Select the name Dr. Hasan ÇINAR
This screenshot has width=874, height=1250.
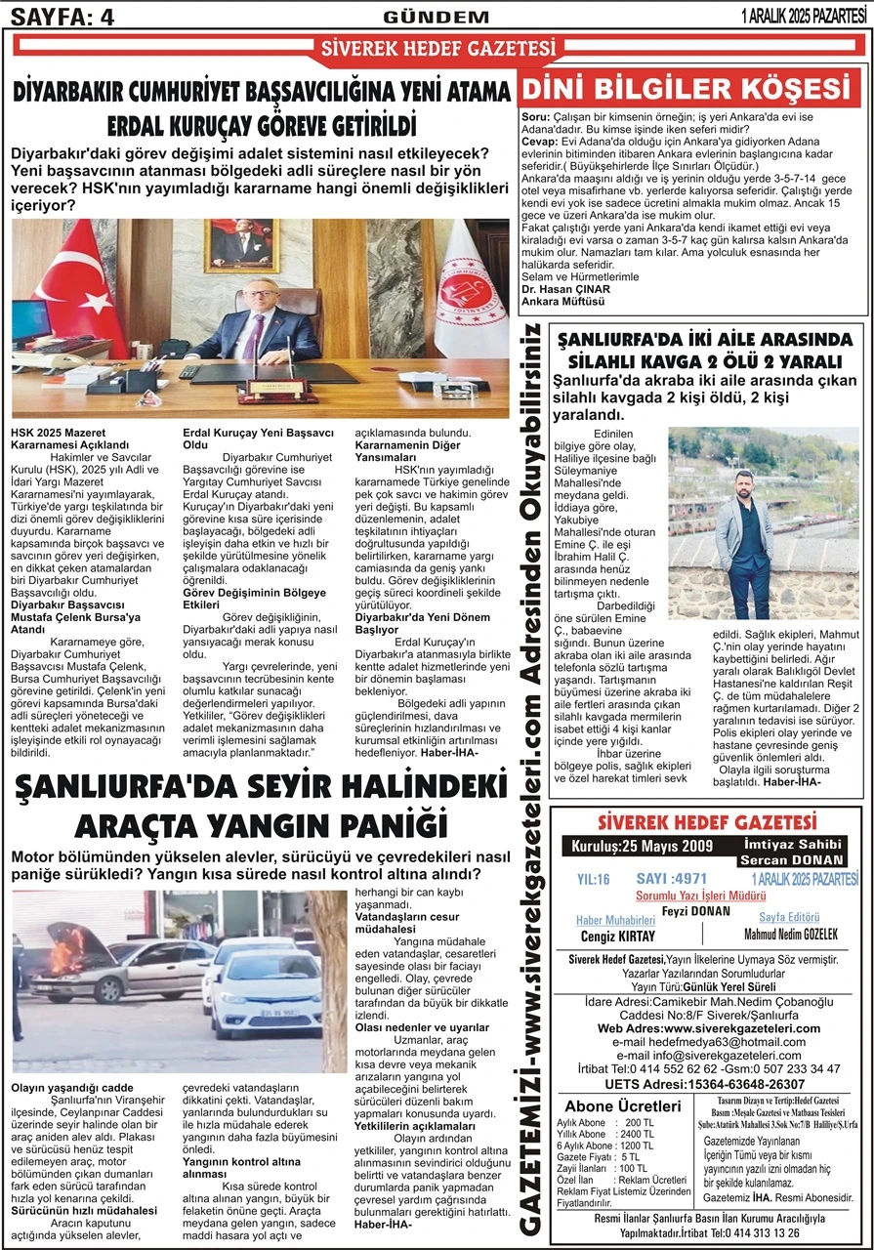565,290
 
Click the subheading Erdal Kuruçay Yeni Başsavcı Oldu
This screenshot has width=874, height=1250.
259,438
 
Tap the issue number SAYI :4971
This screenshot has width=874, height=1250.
671,879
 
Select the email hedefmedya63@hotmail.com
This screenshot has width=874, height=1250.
705,1043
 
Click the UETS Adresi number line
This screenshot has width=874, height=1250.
705,1084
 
